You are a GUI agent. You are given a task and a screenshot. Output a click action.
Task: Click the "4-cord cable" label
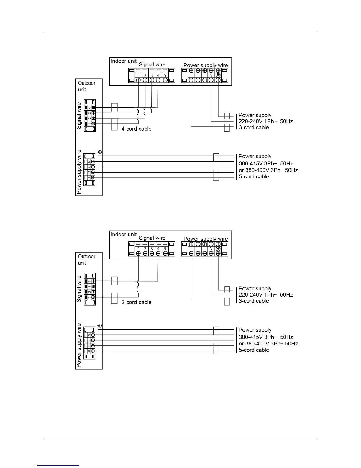[x=136, y=129]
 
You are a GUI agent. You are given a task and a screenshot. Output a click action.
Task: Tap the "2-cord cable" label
[x=136, y=302]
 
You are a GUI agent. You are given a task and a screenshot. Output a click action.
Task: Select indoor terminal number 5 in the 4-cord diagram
[x=165, y=75]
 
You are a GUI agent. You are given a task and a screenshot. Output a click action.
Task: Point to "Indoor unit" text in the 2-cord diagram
[x=124, y=235]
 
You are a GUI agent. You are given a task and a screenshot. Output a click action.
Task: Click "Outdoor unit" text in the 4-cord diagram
[x=86, y=86]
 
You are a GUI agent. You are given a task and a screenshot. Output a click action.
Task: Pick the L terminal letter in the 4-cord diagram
[x=191, y=75]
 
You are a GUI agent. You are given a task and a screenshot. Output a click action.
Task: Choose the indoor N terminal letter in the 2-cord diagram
[x=211, y=249]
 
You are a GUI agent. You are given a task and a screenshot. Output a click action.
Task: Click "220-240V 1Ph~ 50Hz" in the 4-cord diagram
[x=265, y=121]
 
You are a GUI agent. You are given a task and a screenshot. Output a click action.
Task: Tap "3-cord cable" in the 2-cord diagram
[x=254, y=301]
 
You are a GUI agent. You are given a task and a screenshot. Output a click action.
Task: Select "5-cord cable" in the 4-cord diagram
[x=254, y=177]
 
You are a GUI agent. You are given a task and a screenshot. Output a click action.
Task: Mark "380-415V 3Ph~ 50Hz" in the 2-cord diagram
[x=265, y=337]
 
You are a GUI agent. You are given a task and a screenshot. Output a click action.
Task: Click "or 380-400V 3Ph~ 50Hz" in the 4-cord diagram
[x=268, y=170]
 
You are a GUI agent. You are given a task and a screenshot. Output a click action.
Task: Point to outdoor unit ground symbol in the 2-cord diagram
[x=100, y=326]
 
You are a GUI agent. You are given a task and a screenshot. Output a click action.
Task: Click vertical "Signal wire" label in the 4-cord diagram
[x=79, y=116]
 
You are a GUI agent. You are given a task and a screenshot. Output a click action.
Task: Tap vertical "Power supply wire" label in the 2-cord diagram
[x=79, y=345]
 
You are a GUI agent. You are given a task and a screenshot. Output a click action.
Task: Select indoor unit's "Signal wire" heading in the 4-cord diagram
[x=152, y=64]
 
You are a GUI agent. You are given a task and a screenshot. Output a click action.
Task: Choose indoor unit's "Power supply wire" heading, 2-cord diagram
[x=206, y=239]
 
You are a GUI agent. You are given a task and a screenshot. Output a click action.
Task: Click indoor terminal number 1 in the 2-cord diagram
[x=139, y=249]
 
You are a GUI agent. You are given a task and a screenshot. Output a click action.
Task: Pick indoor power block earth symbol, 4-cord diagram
[x=218, y=75]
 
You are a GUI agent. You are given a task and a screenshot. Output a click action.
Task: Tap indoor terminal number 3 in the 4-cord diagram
[x=152, y=75]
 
